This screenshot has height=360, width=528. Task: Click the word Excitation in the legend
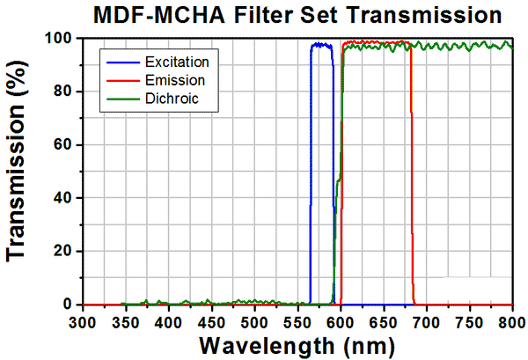tap(179, 62)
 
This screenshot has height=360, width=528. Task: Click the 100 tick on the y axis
tap(62, 39)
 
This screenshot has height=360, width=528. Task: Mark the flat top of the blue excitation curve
tap(321, 44)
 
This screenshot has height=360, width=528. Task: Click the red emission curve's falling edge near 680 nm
tap(411, 176)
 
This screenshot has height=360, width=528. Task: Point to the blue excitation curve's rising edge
tap(310, 176)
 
